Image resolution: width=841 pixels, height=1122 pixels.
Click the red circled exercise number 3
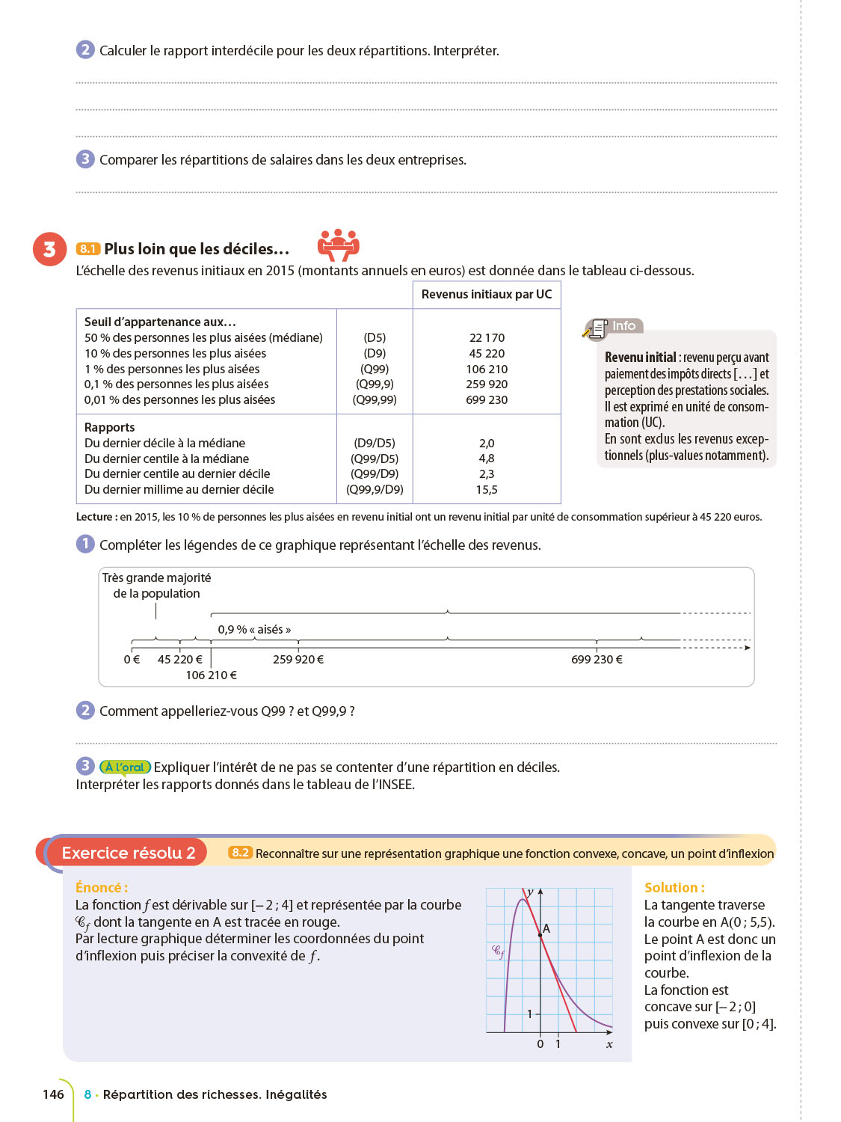point(49,249)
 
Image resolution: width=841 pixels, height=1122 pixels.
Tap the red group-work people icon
point(339,244)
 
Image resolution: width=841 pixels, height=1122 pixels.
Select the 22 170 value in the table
point(487,338)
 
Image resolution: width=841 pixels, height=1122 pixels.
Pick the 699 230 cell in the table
point(487,400)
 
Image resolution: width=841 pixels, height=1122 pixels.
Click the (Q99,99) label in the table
point(375,400)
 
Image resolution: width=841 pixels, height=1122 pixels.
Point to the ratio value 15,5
point(487,490)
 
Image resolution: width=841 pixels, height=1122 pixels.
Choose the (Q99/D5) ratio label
point(375,459)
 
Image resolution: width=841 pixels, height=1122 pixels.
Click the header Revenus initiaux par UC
point(487,295)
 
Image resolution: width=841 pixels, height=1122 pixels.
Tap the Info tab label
point(623,326)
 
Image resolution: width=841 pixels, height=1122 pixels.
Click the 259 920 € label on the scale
point(298,660)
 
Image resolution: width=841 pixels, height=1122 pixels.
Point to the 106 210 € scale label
point(212,675)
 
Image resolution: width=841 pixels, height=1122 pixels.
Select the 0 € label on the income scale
point(132,660)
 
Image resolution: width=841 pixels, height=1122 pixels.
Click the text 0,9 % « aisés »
point(254,630)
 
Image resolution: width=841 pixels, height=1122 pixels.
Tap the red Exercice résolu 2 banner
point(128,853)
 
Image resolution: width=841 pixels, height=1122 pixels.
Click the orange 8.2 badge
point(240,853)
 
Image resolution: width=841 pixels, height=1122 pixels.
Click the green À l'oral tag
point(126,767)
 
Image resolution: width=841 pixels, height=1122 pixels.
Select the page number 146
point(54,1094)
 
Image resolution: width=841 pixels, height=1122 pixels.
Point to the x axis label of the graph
point(609,1044)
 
